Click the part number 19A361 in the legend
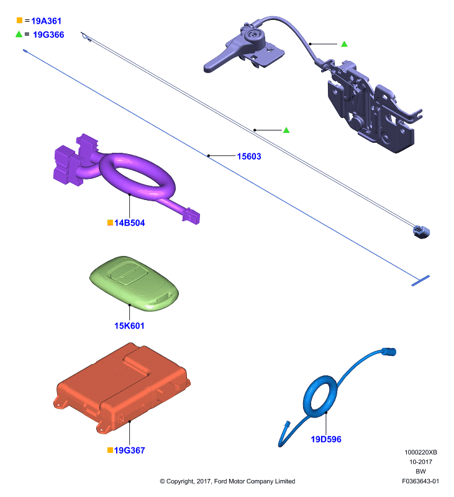point(46,21)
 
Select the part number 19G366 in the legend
point(48,35)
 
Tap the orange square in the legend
point(19,21)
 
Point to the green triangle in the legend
point(19,34)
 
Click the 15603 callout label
point(249,157)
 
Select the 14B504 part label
point(129,223)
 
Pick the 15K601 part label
point(129,326)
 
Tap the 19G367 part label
point(129,450)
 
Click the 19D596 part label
point(326,439)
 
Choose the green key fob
point(134,283)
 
